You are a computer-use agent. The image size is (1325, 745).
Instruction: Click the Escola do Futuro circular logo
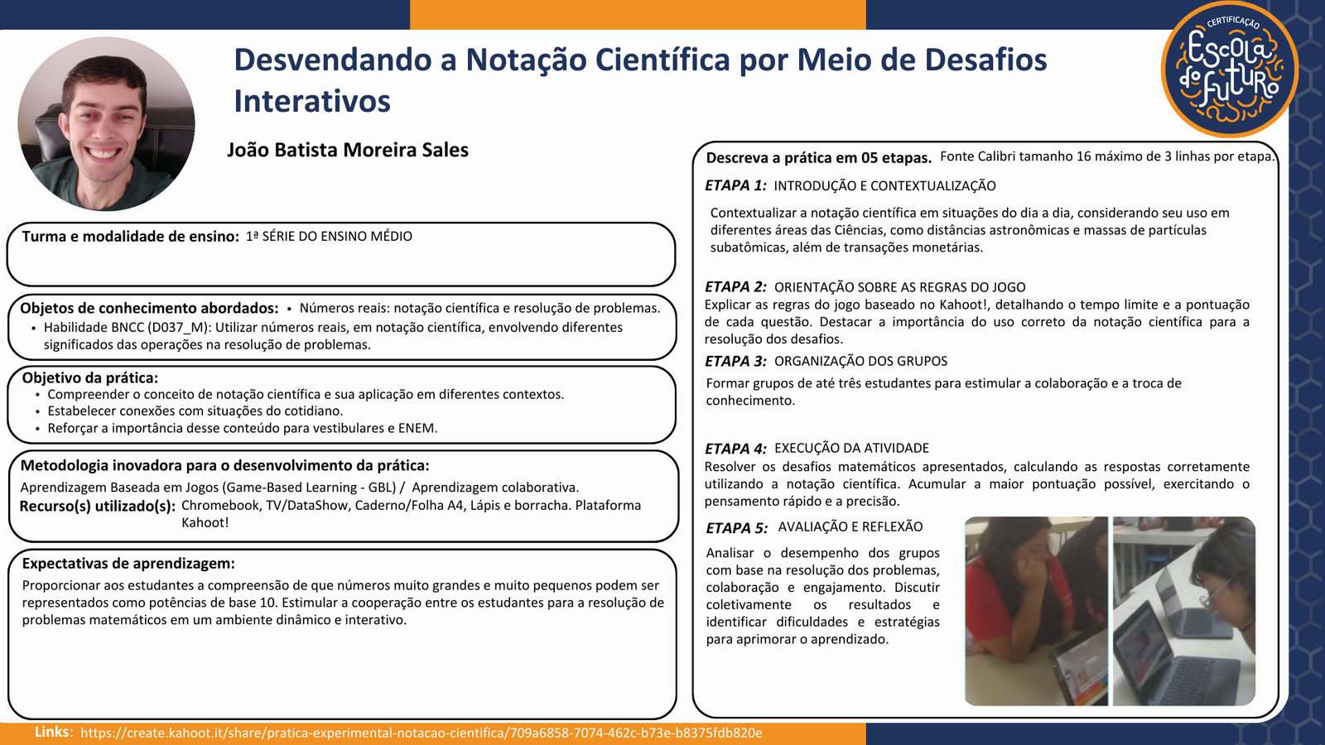click(x=1230, y=70)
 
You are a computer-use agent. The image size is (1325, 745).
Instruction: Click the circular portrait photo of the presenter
click(x=107, y=123)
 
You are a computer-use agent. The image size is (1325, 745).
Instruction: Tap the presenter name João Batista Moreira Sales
click(x=348, y=150)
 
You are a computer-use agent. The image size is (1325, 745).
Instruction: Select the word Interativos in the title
click(x=312, y=101)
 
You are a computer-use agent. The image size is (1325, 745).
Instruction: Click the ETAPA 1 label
click(x=735, y=185)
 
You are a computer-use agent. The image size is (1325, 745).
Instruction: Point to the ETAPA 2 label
click(x=735, y=286)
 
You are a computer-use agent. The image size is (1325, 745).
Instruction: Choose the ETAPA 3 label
click(x=735, y=361)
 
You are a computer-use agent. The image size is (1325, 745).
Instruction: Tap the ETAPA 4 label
click(x=735, y=448)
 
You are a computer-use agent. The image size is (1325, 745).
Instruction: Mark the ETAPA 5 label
click(x=737, y=527)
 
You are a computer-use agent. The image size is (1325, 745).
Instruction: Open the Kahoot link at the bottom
click(x=422, y=733)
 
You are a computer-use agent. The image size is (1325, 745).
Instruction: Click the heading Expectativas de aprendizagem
click(x=128, y=564)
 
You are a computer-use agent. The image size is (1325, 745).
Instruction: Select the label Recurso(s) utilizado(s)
click(x=98, y=506)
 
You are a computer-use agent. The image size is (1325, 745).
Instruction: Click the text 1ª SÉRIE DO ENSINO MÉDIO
click(x=329, y=237)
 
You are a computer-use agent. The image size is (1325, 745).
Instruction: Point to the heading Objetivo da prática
click(x=90, y=377)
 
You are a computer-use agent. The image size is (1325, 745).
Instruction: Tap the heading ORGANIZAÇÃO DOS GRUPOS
click(x=860, y=361)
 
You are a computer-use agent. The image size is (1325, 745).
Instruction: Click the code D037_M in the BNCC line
click(x=177, y=328)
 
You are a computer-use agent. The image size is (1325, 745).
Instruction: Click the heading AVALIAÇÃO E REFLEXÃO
click(x=850, y=526)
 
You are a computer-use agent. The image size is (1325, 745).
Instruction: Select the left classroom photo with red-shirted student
click(x=1036, y=612)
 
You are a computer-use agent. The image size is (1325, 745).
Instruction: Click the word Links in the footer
click(x=53, y=732)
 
